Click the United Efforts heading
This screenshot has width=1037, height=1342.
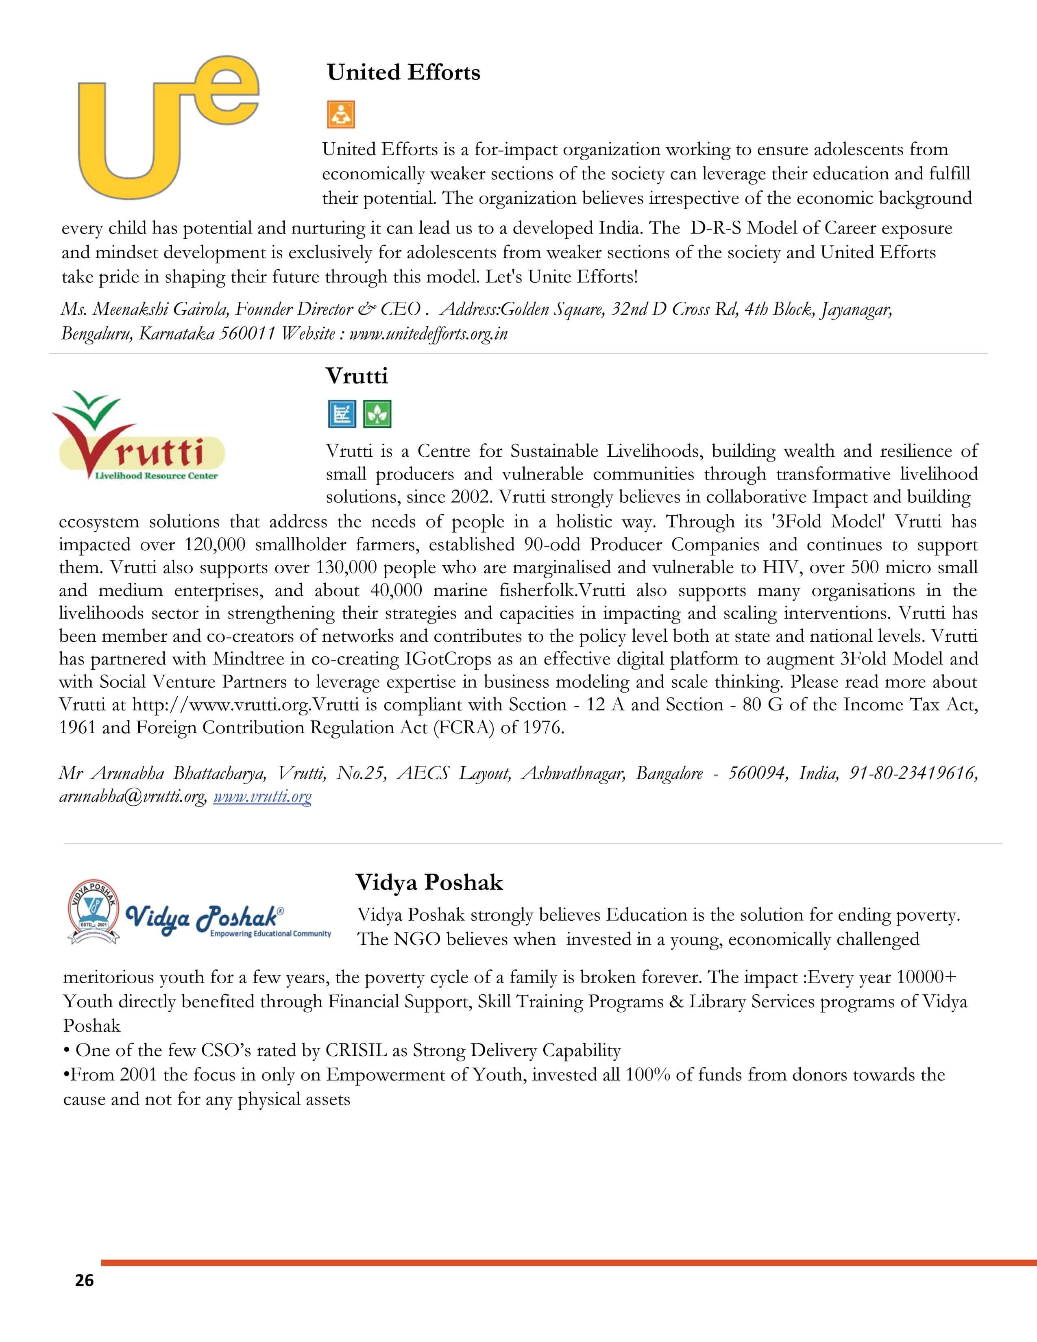point(404,72)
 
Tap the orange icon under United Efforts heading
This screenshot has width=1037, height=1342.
point(340,114)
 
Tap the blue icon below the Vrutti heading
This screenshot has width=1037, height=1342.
point(342,414)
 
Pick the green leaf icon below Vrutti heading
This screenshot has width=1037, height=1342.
point(377,414)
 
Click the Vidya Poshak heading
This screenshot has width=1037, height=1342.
point(429,882)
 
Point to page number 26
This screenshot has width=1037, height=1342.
point(84,1280)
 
